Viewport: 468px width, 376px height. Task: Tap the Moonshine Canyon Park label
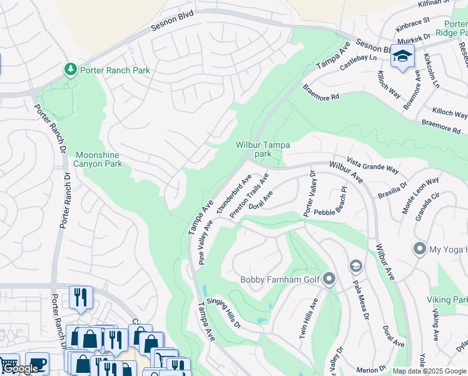[98, 159]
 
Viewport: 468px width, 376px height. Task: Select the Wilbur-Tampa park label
[263, 149]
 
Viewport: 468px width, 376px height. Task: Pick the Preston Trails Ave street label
[248, 196]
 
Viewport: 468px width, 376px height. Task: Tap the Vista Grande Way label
[374, 165]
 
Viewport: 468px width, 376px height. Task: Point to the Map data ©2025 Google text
[429, 371]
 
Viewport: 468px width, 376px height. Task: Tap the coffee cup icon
[37, 363]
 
